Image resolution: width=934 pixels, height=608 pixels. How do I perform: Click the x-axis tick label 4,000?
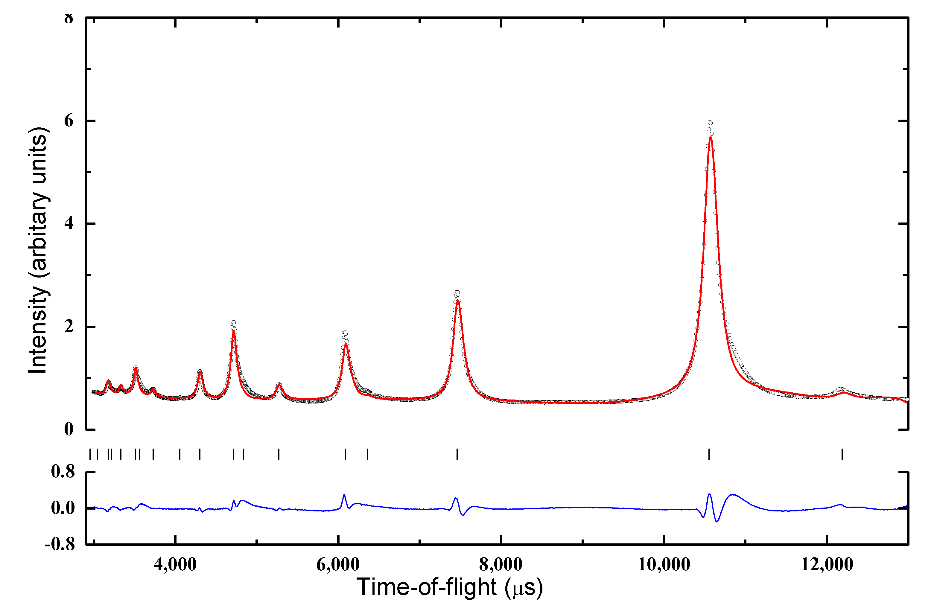[175, 565]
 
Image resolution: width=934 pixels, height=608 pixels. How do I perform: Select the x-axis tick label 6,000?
[338, 565]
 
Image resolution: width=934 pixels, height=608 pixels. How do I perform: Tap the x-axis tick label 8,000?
[501, 565]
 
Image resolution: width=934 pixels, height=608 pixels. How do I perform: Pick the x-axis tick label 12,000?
[827, 565]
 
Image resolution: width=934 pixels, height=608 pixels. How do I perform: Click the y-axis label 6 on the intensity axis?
[69, 121]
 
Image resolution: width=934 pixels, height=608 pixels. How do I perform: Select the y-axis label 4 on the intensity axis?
[69, 224]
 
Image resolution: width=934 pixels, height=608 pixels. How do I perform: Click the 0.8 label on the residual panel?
[63, 472]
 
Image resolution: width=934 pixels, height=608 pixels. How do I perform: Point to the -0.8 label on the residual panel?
[60, 545]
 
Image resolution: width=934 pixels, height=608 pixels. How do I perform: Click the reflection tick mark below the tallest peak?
[709, 454]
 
